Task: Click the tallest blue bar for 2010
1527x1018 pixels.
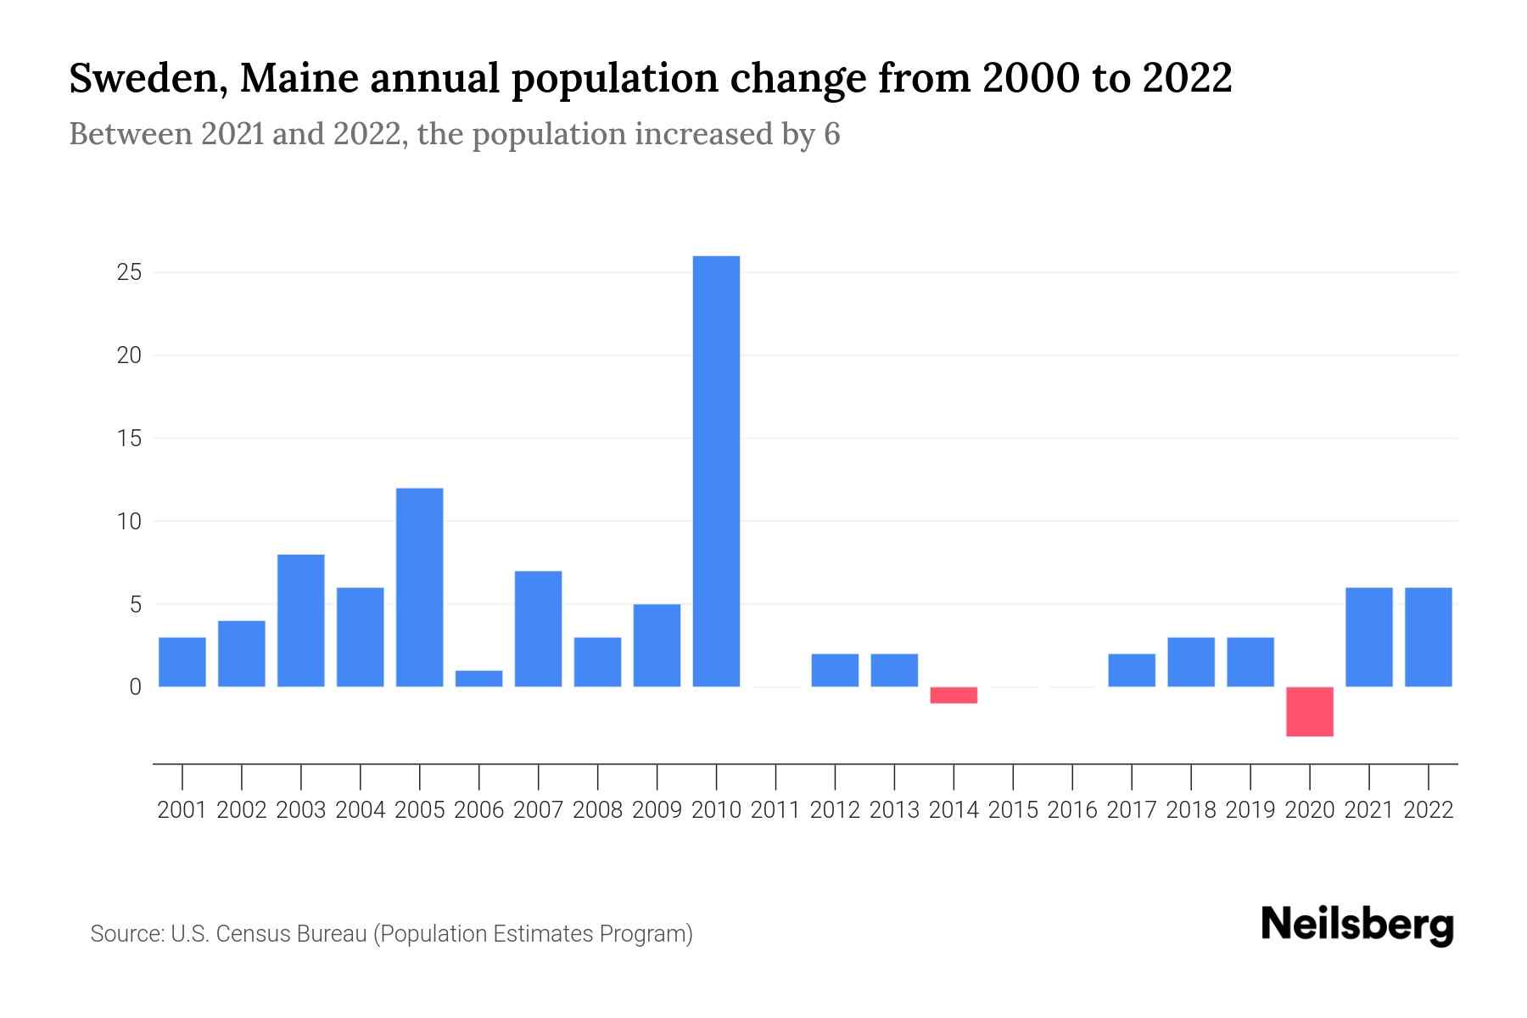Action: click(716, 471)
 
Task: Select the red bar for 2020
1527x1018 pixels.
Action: click(1310, 712)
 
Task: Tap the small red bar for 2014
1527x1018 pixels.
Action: click(954, 695)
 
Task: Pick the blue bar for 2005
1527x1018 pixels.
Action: click(419, 587)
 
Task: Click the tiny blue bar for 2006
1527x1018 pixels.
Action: click(478, 679)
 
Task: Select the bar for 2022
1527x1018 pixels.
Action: click(1429, 637)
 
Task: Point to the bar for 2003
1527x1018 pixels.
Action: click(301, 620)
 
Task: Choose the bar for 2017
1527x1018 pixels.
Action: click(1132, 670)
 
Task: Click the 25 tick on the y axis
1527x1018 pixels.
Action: click(129, 273)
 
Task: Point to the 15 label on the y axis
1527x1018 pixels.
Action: click(129, 439)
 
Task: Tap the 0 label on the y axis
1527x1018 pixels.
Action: click(135, 687)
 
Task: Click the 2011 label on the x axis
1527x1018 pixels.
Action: click(775, 810)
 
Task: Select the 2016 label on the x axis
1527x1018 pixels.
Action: click(1072, 810)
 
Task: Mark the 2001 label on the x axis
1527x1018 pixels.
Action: click(182, 810)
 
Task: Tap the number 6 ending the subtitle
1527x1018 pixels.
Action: click(831, 134)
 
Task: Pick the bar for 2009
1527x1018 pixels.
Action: click(657, 646)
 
